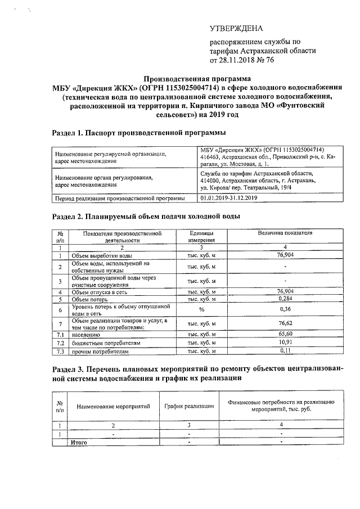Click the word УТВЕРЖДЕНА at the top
[236, 29]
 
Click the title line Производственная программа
[197, 79]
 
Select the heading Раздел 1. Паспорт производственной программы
[139, 133]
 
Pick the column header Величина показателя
[285, 232]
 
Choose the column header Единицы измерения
[201, 236]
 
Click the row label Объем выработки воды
[98, 255]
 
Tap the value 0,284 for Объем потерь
[286, 299]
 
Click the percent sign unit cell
[201, 310]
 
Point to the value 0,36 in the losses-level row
[286, 310]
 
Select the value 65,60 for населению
[286, 334]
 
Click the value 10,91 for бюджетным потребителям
[286, 342]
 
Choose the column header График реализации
[189, 406]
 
